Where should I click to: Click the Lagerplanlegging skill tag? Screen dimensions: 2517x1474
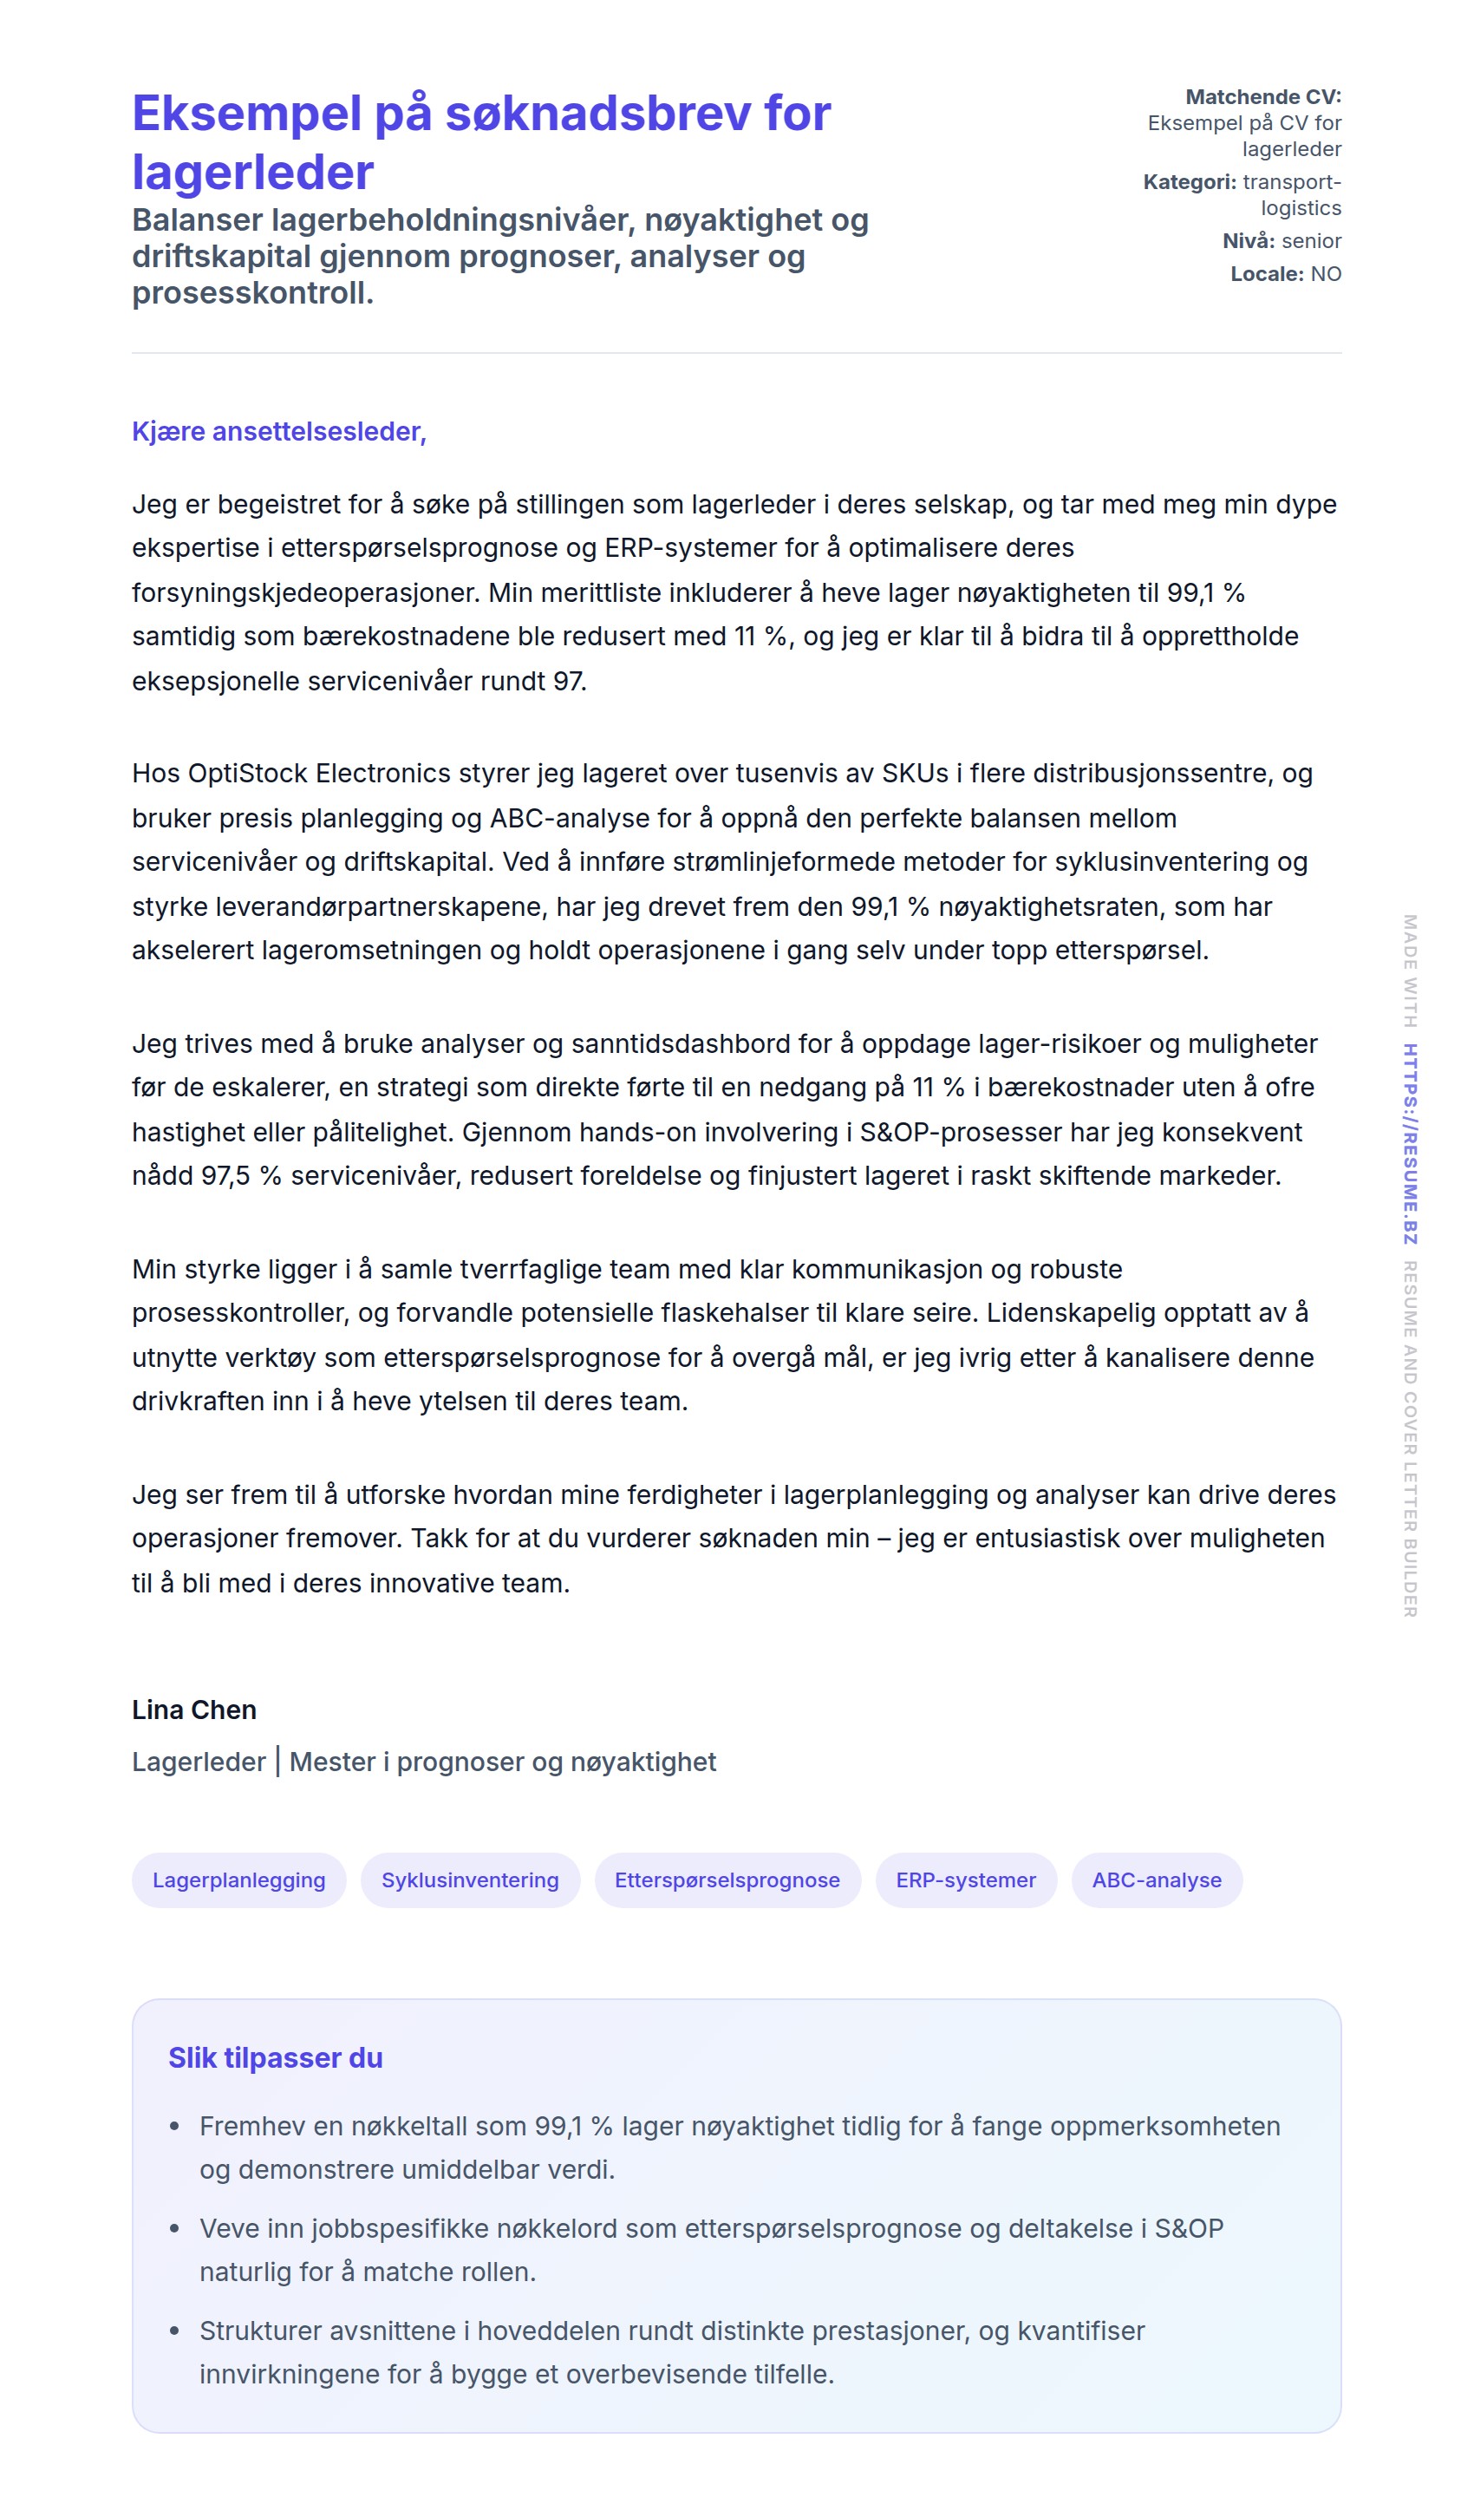tap(238, 1880)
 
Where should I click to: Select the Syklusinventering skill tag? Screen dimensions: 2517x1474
tap(469, 1880)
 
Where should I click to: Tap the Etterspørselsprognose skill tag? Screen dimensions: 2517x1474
tap(727, 1880)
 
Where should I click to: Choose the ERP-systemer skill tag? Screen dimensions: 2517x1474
tap(966, 1880)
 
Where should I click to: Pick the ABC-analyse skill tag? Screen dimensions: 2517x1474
tap(1157, 1880)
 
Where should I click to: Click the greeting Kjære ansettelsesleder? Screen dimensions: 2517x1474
tap(278, 431)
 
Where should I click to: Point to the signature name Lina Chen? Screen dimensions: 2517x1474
tap(193, 1710)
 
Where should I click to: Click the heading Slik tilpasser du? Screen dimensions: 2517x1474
tap(275, 2057)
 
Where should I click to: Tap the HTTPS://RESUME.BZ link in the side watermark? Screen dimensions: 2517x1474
tap(1409, 1144)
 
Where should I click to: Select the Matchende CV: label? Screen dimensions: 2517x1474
tap(1262, 97)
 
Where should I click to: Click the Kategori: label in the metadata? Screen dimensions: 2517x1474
tap(1190, 182)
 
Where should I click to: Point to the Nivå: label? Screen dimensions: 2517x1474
tap(1249, 241)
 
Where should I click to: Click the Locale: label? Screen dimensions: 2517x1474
tap(1266, 274)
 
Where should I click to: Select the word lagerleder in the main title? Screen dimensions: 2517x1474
tap(252, 172)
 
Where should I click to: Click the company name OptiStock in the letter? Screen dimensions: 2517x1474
tap(248, 773)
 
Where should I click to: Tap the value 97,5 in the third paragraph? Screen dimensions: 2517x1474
tap(225, 1175)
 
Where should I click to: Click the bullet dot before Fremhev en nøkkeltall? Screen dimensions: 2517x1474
tap(175, 2128)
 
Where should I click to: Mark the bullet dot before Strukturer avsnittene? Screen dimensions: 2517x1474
tap(175, 2331)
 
